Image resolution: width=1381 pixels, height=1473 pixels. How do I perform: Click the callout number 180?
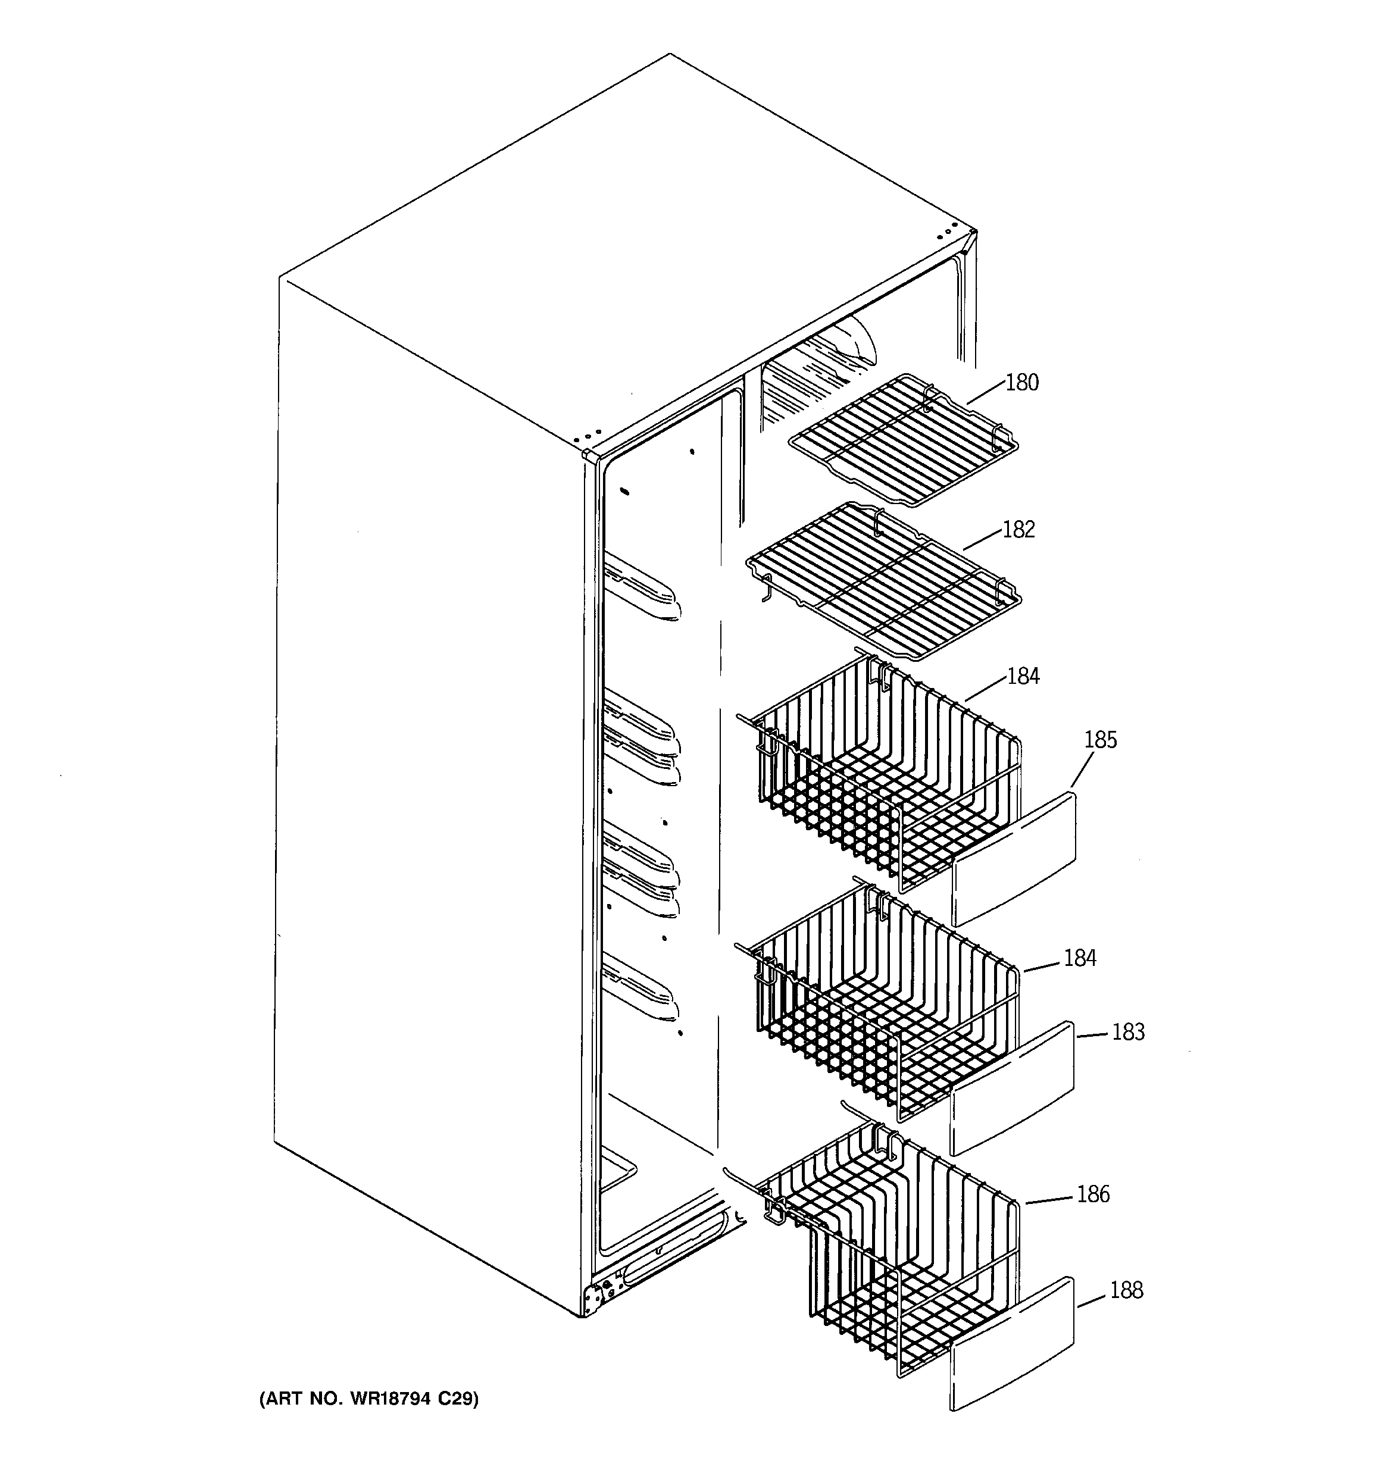pos(1021,383)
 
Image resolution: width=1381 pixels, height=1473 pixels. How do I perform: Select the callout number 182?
pos(1018,530)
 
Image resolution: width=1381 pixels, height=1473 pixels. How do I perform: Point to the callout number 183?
pos(1127,1032)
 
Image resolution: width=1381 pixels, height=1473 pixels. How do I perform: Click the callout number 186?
pos(1093,1194)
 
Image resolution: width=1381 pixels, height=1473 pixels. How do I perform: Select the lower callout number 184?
pos(1079,958)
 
